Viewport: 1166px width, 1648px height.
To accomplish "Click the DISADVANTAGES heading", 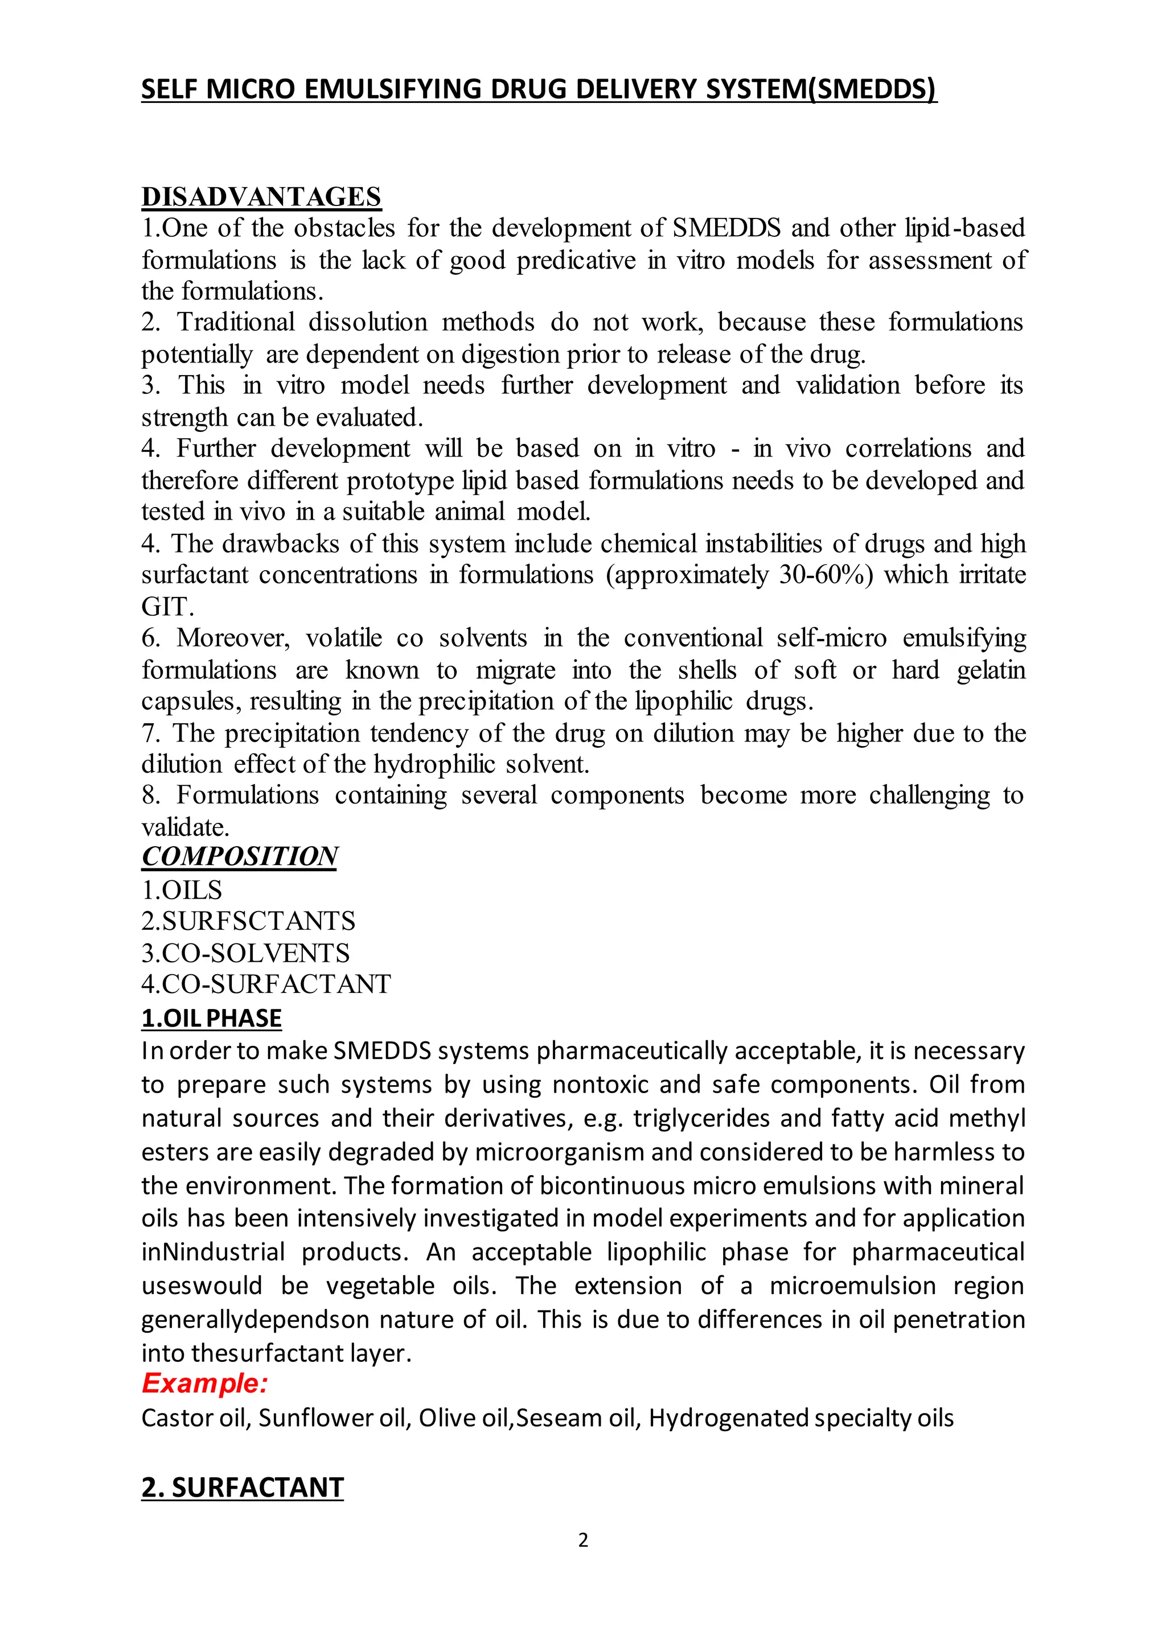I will point(261,197).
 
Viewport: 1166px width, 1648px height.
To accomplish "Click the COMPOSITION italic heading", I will point(239,856).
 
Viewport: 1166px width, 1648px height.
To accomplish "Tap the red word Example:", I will point(204,1383).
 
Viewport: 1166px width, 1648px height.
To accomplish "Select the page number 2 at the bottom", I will point(583,1540).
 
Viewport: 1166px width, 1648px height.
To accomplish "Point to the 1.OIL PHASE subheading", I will point(211,1018).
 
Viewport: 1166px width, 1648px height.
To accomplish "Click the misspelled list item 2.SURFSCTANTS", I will point(248,921).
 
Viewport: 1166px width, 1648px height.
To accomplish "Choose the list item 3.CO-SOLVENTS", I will point(245,953).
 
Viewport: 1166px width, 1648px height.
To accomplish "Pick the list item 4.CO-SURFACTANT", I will point(266,984).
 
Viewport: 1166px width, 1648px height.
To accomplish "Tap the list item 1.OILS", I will point(182,890).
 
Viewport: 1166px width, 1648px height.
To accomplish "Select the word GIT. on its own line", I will point(167,607).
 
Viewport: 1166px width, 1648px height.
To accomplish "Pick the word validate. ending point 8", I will point(185,827).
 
